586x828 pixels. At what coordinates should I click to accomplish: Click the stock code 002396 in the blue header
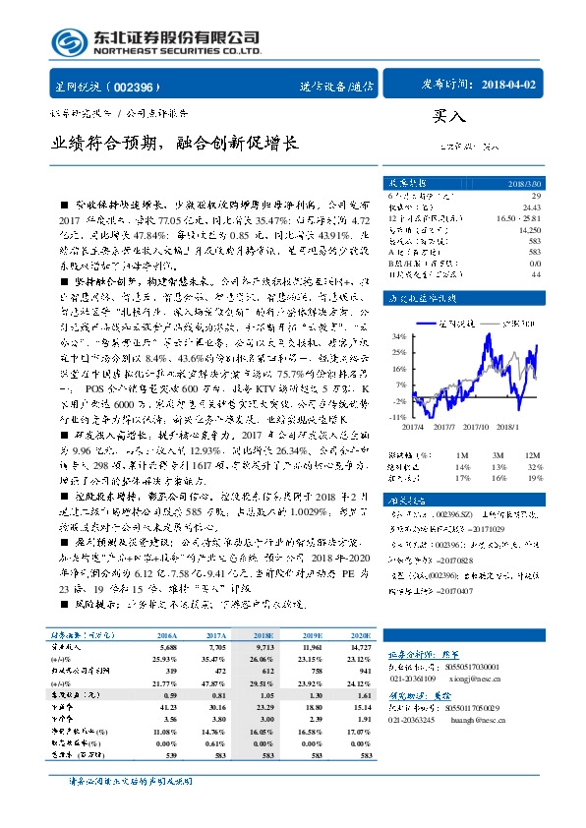(x=143, y=87)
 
